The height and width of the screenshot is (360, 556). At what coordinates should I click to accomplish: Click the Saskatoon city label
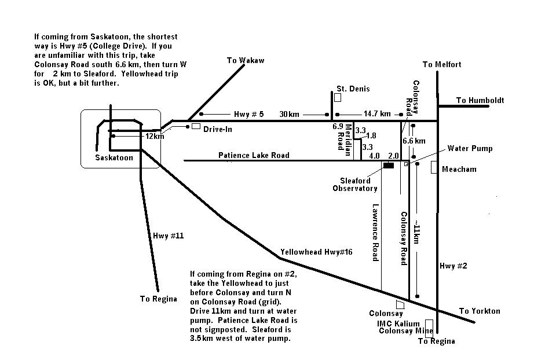tap(114, 157)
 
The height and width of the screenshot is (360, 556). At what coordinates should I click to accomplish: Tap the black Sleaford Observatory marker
tap(389, 166)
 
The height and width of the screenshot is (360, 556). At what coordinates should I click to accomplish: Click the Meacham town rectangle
tap(434, 167)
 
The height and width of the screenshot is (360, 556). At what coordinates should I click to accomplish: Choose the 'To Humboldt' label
tap(480, 101)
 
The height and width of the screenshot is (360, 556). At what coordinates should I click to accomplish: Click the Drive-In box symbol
tap(196, 126)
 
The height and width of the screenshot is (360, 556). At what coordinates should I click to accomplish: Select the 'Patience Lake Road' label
tap(254, 155)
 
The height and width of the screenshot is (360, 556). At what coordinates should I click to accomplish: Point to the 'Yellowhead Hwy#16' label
tap(316, 252)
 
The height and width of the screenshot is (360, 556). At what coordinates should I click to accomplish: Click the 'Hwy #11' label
tap(169, 236)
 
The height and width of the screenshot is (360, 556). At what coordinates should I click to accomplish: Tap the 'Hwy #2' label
tap(453, 266)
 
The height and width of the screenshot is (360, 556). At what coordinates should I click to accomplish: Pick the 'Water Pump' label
tap(470, 149)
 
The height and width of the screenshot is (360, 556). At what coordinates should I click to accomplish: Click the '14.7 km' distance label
tap(377, 114)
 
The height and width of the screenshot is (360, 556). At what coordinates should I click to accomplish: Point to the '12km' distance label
tap(155, 137)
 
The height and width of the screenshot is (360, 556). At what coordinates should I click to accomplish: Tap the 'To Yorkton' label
tap(480, 311)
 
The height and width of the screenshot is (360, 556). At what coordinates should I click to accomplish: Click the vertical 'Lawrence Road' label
tap(375, 232)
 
